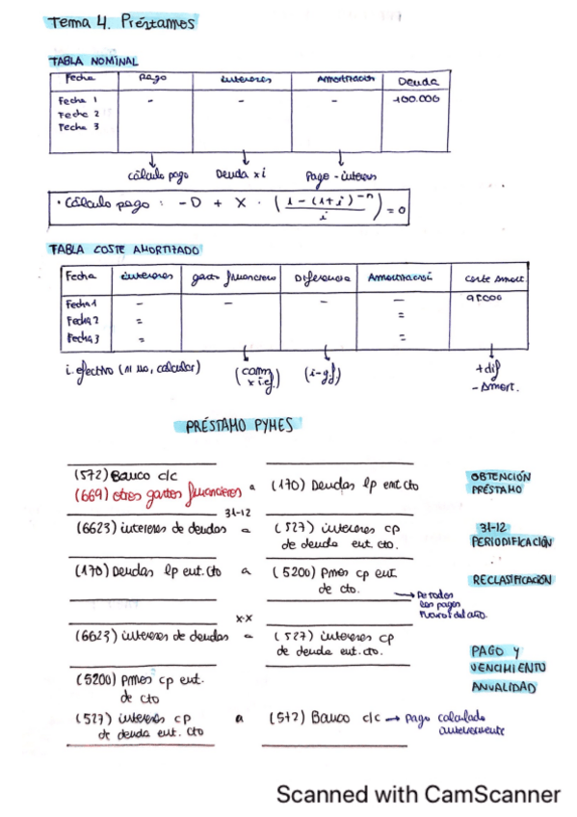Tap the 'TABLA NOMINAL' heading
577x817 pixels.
point(93,60)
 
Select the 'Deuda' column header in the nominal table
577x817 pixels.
point(417,82)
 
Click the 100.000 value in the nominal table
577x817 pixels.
point(416,99)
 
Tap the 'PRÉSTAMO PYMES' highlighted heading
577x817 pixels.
point(240,425)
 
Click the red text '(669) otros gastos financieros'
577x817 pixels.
point(157,492)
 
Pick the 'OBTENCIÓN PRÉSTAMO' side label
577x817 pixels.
point(501,483)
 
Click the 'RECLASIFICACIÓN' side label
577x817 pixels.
point(511,580)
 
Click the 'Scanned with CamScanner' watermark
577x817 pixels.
point(418,794)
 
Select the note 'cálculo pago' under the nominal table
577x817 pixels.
point(157,175)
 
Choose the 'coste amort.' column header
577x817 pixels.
point(495,277)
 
